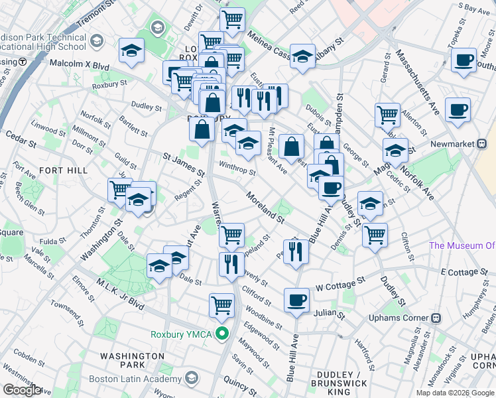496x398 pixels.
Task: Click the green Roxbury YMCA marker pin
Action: pos(223,334)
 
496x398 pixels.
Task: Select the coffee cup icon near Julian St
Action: pos(296,300)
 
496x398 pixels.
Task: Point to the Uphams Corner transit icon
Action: pos(436,318)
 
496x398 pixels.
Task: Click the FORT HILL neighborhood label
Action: pos(64,170)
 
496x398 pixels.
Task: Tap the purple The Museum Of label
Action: pos(462,245)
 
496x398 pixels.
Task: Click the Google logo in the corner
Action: pos(23,390)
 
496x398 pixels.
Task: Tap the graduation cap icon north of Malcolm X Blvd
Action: pos(132,51)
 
